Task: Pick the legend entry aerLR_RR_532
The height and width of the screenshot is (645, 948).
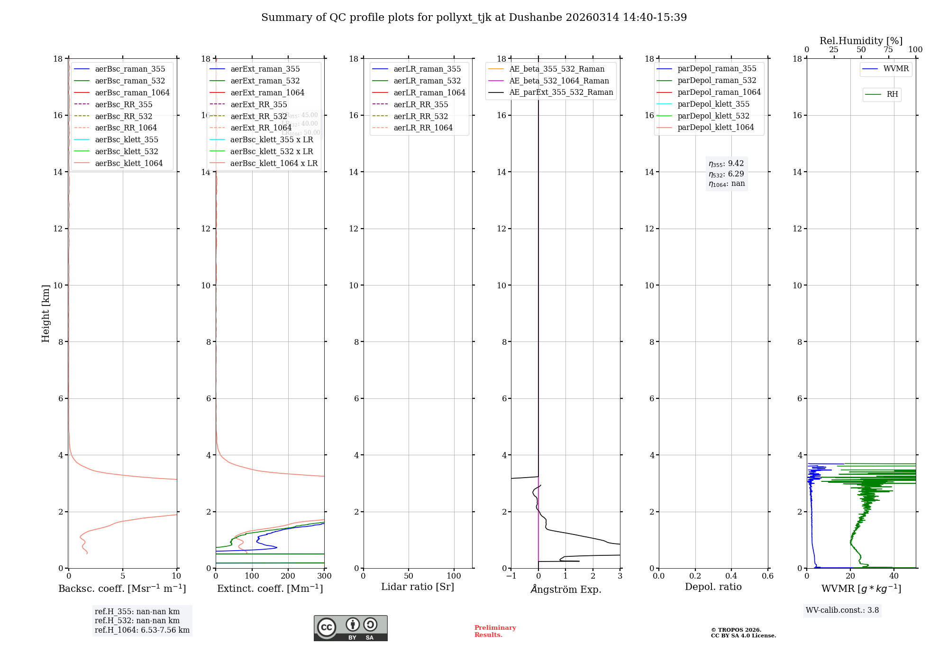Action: point(420,116)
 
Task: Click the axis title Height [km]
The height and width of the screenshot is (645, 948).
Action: point(46,313)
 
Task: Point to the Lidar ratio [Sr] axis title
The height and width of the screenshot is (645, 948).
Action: point(418,587)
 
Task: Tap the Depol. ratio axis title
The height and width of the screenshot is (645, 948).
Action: point(713,587)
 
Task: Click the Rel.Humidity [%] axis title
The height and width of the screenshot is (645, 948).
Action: point(861,41)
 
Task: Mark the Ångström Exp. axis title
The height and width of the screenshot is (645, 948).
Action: point(565,589)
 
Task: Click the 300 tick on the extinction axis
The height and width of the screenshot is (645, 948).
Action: point(324,576)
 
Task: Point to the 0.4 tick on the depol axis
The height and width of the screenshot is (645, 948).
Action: point(731,576)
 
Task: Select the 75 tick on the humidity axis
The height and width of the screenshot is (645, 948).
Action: point(888,50)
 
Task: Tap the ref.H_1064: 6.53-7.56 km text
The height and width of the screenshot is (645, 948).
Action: point(142,630)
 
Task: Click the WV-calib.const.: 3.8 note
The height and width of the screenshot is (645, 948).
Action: point(842,610)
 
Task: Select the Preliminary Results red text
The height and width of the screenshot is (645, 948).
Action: point(495,631)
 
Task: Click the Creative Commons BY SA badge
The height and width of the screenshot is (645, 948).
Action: point(350,628)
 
